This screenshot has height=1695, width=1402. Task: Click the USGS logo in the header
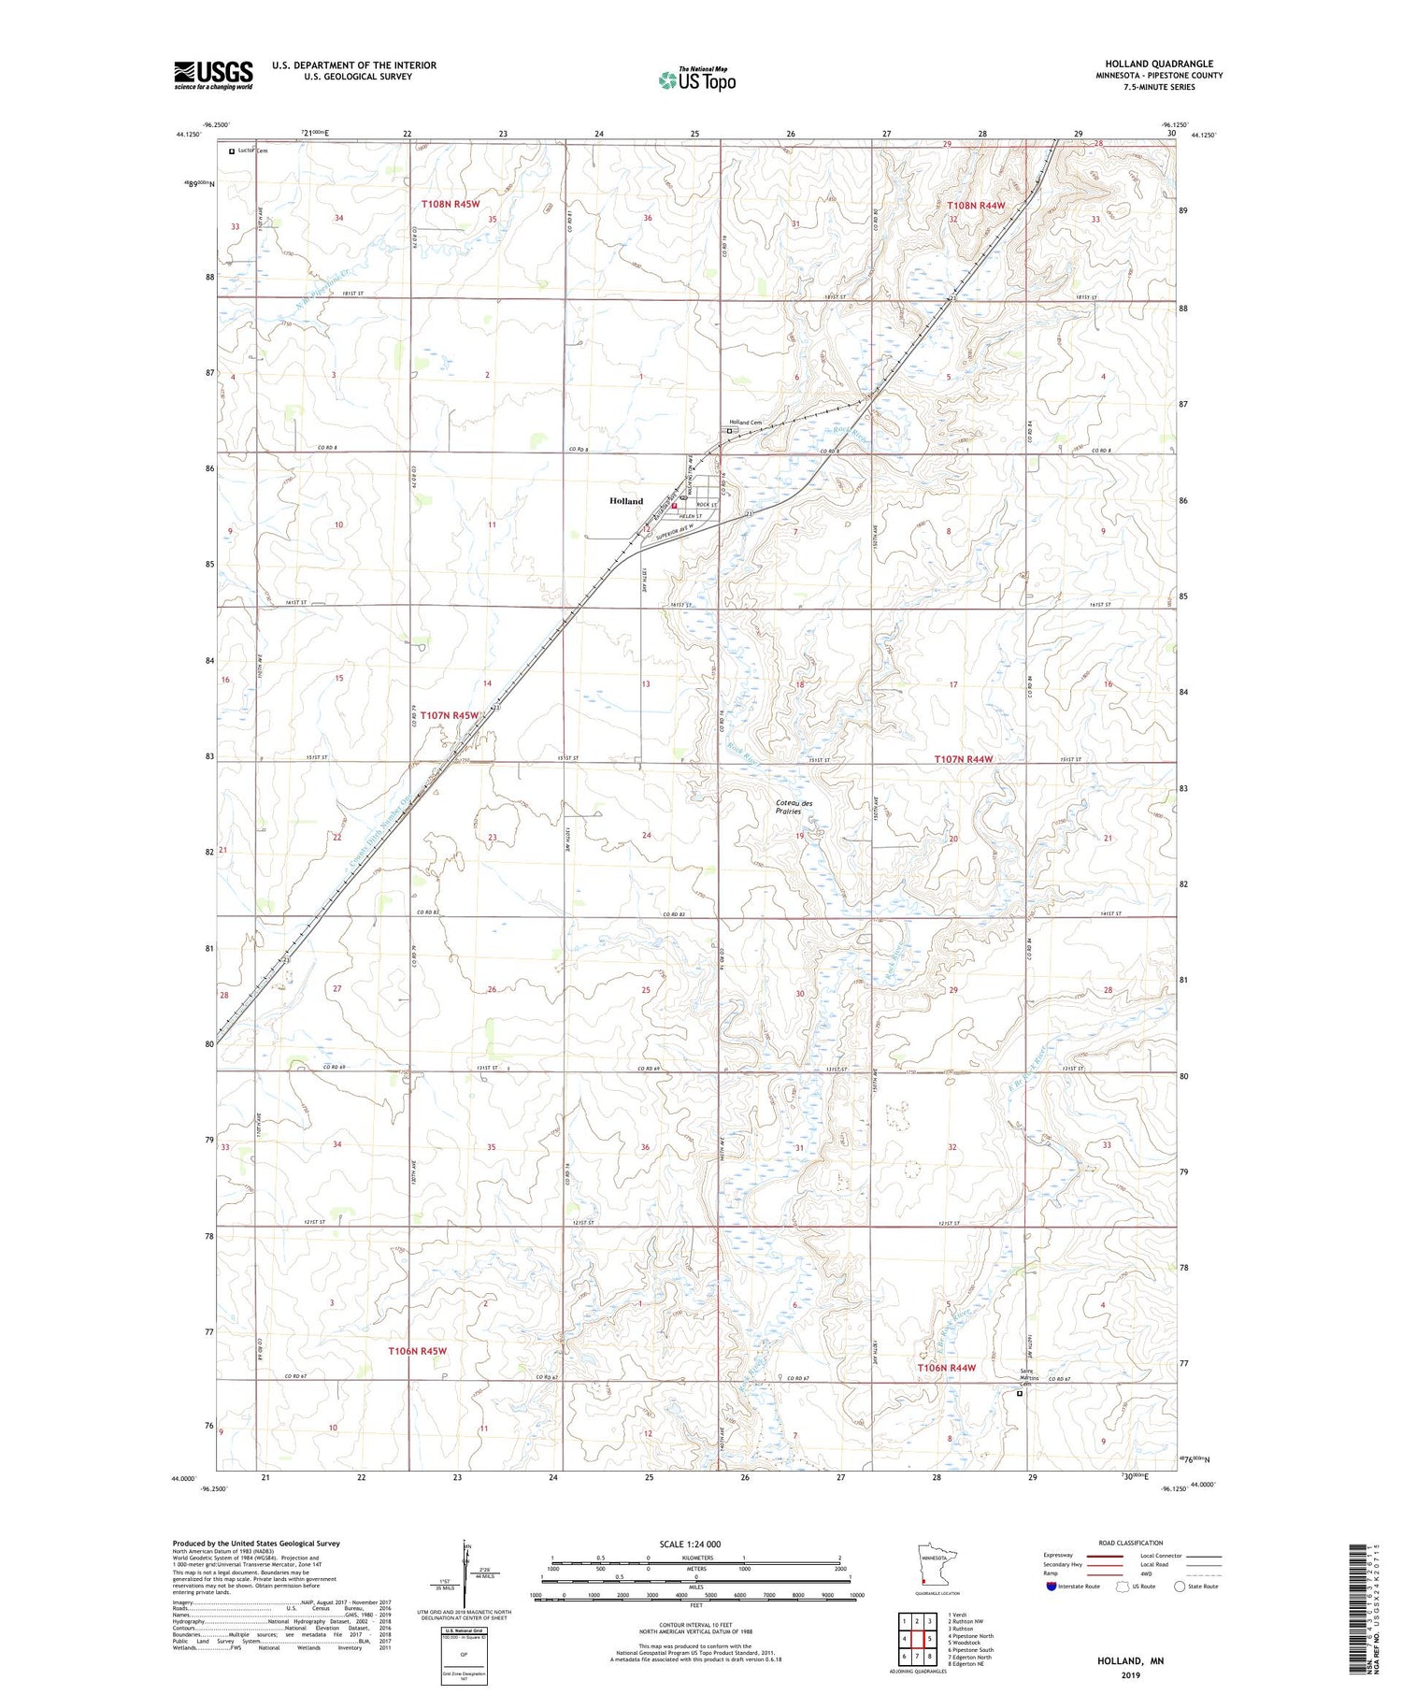click(x=213, y=75)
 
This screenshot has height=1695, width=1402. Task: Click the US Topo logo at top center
click(x=696, y=80)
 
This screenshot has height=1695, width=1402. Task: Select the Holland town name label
click(x=626, y=501)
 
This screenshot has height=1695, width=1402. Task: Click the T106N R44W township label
click(x=946, y=1368)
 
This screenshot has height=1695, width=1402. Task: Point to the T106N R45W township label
click(x=418, y=1351)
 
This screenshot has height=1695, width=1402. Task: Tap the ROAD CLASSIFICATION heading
click(x=1131, y=1543)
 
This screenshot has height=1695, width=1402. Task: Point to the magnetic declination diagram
click(x=467, y=1577)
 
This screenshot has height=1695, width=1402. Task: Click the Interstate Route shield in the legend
click(x=1051, y=1587)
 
